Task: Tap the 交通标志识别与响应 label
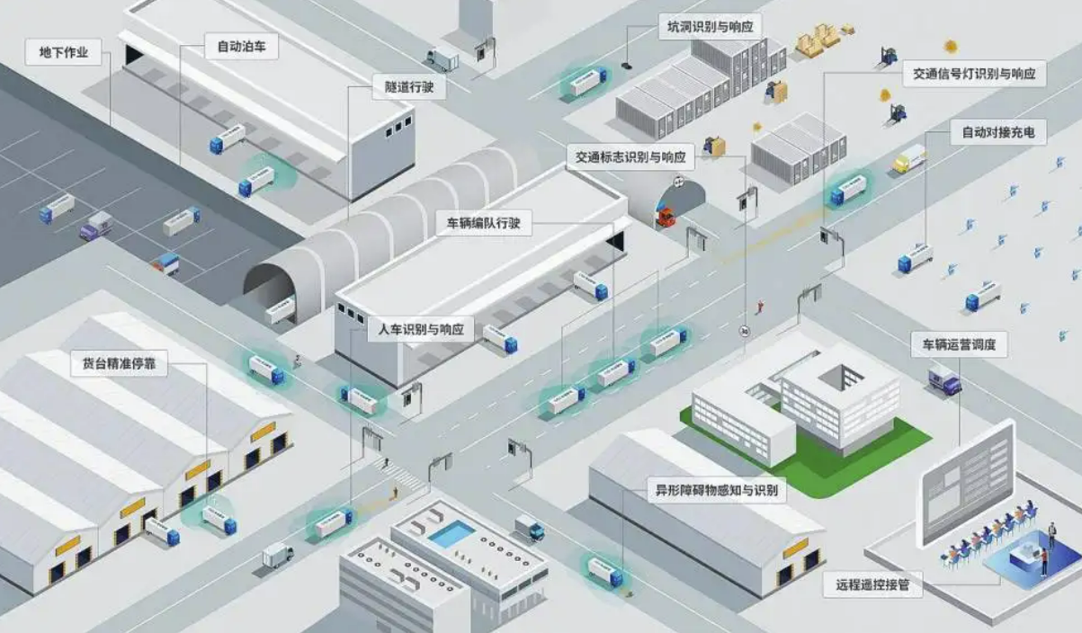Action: [x=630, y=156]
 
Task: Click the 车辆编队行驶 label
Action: [x=483, y=221]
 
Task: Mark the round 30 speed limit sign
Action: [x=744, y=331]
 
